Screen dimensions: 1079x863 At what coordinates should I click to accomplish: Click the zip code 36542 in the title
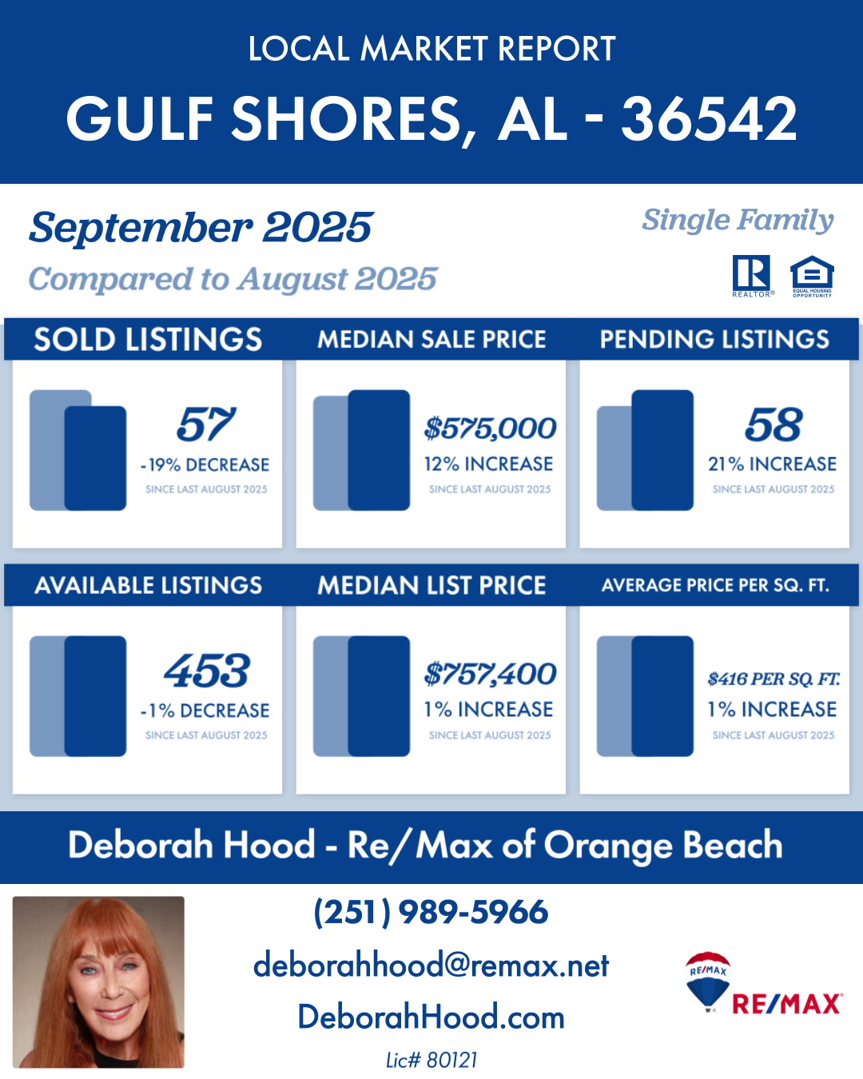(x=709, y=119)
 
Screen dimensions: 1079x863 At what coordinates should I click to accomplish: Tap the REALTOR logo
(x=751, y=274)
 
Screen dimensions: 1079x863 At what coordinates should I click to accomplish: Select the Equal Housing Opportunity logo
(x=812, y=275)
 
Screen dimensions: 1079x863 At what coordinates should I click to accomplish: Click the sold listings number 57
(x=206, y=424)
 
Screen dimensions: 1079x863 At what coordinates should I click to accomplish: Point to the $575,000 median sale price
(x=490, y=428)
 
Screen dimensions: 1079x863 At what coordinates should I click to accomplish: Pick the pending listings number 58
(x=773, y=424)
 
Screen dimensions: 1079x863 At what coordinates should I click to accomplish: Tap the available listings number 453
(x=206, y=671)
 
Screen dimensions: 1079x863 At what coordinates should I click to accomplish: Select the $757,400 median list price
(x=490, y=675)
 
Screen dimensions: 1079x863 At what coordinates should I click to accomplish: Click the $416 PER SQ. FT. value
(x=773, y=679)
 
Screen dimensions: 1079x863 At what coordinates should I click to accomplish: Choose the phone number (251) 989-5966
(x=431, y=912)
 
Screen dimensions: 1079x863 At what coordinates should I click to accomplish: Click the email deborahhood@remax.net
(x=431, y=966)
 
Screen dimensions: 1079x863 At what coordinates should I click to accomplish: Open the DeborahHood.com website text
(x=431, y=1017)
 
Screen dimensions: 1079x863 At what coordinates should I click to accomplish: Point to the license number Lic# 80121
(x=431, y=1061)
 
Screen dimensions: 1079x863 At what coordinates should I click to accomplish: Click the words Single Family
(x=738, y=220)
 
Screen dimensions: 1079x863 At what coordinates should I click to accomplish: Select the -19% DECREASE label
(x=205, y=465)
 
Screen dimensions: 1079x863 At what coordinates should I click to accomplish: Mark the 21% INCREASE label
(x=772, y=464)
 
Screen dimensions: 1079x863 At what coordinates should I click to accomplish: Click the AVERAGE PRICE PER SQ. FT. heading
(x=715, y=586)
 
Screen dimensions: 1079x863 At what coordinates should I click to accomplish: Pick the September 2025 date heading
(x=201, y=228)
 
